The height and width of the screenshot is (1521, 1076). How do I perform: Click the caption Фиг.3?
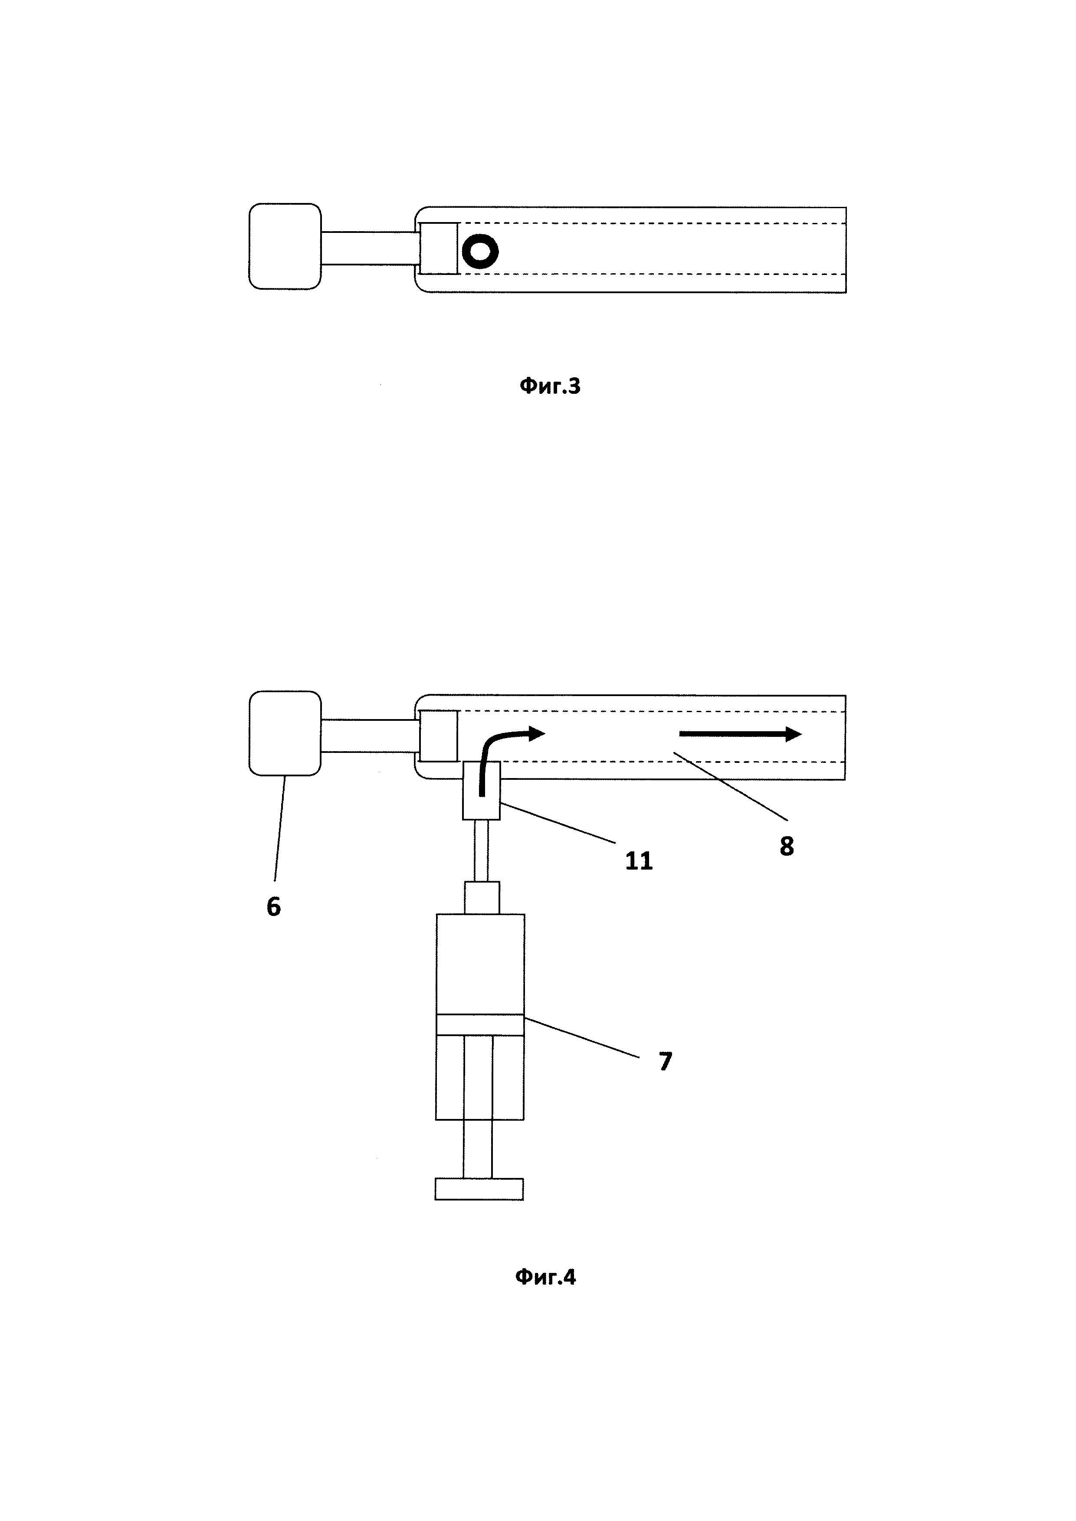549,386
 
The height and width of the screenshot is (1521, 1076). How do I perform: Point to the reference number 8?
787,846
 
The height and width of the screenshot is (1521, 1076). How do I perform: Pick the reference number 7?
665,1061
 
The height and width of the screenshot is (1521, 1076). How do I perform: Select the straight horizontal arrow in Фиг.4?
740,733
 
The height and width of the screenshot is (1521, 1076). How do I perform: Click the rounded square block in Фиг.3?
285,246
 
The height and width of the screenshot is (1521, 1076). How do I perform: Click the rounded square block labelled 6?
285,733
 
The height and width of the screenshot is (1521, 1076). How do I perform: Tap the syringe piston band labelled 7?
480,1024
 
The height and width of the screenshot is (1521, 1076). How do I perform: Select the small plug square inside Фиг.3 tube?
439,248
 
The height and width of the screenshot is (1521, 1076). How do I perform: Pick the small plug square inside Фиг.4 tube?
439,735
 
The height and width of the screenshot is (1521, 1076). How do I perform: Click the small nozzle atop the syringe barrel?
482,898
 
